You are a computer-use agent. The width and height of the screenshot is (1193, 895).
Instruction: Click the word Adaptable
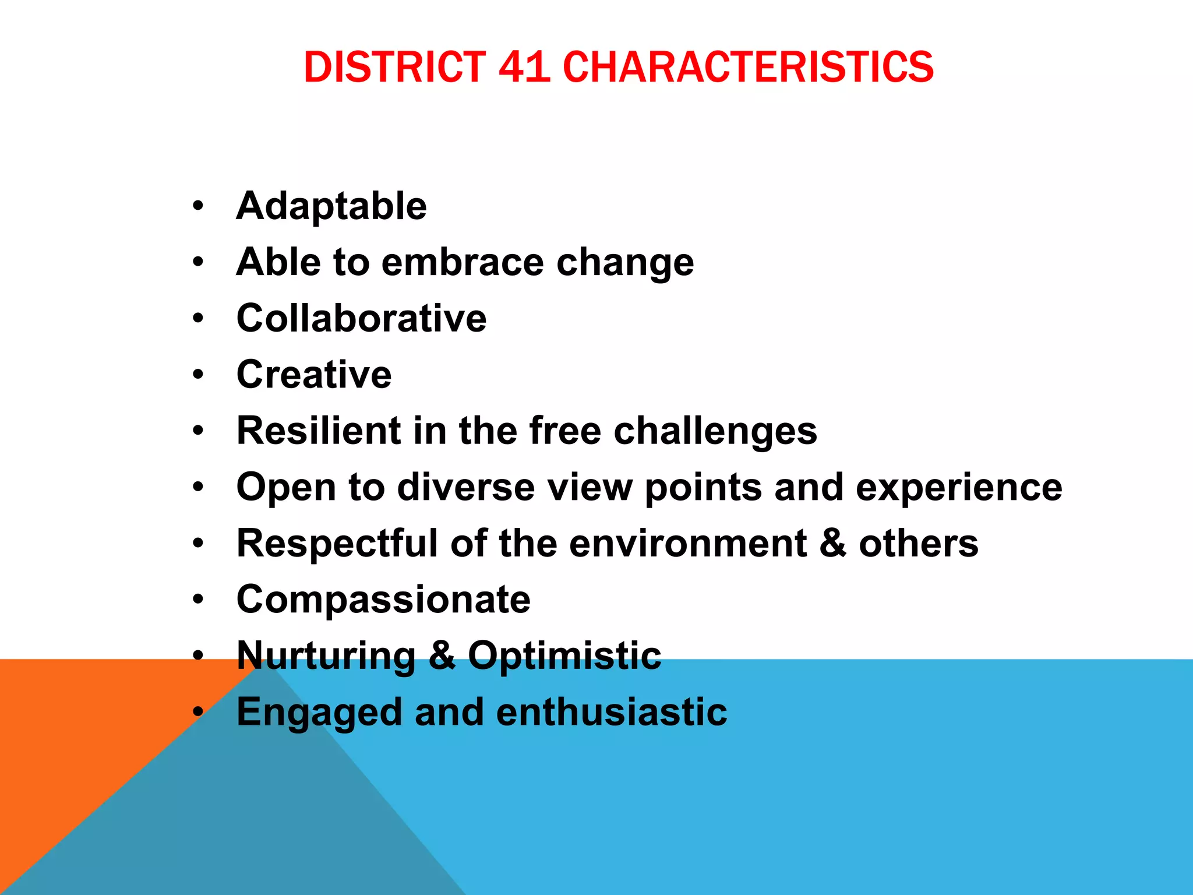(x=331, y=206)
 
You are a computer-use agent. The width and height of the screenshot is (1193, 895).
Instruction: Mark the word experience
(x=959, y=488)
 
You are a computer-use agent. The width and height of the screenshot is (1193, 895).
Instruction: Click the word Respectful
(x=337, y=543)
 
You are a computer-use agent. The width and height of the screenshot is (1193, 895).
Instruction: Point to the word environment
(x=688, y=543)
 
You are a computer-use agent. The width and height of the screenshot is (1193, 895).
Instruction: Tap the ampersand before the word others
(x=833, y=543)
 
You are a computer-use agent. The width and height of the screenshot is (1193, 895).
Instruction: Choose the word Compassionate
(x=383, y=600)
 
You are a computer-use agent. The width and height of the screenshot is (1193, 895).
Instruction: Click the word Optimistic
(x=564, y=656)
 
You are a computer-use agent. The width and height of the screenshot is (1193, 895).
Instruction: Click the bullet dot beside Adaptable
(x=199, y=206)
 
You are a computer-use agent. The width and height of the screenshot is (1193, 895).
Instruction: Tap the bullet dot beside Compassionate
(x=199, y=600)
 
